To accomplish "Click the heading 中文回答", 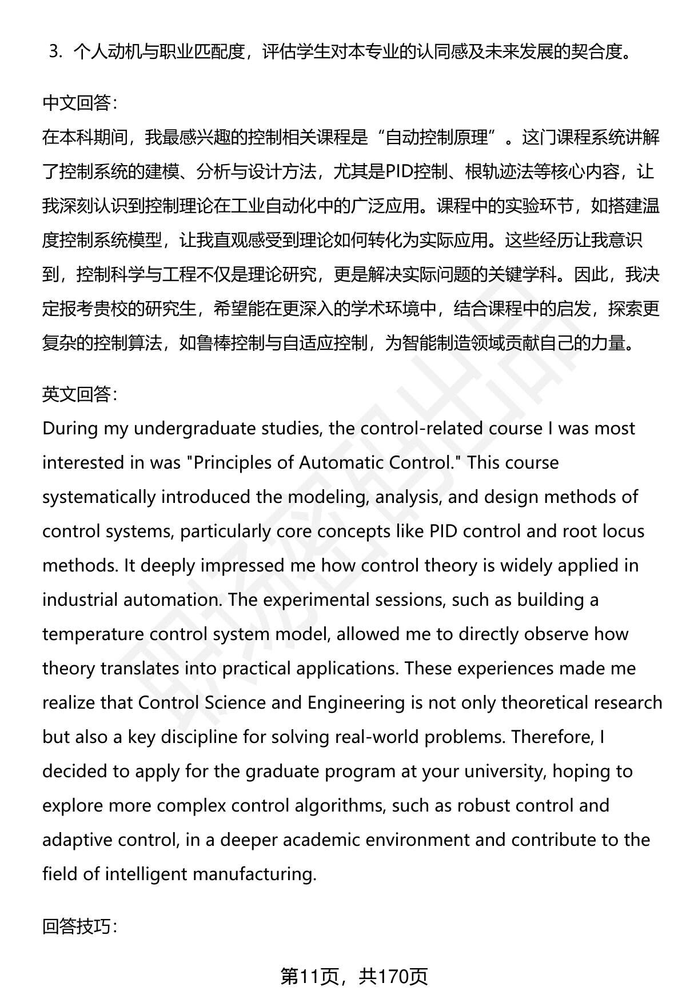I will (x=79, y=103).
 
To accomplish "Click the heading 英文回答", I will (x=79, y=394).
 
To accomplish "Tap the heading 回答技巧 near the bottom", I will (x=79, y=926).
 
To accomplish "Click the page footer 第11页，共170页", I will (x=354, y=977).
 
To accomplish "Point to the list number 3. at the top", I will (x=55, y=53).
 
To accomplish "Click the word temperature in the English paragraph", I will (x=92, y=634).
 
